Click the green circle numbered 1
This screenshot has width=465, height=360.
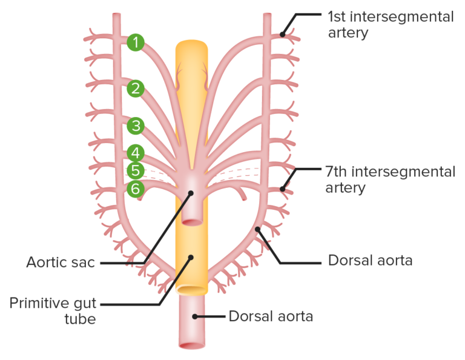(x=136, y=42)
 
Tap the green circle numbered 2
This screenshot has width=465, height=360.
(x=136, y=89)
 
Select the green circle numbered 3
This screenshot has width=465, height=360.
(x=136, y=126)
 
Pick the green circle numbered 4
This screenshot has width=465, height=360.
(x=136, y=153)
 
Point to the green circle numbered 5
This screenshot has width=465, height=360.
(x=136, y=171)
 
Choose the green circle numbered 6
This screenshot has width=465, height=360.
(x=136, y=189)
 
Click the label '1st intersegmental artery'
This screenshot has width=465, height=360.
(x=390, y=24)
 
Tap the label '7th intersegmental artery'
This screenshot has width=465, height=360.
(x=390, y=179)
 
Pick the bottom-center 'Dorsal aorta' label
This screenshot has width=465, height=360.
(x=270, y=316)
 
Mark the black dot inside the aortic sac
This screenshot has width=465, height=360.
(x=191, y=194)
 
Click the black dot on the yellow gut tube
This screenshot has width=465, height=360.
(x=191, y=257)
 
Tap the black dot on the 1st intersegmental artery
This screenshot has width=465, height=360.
(x=282, y=35)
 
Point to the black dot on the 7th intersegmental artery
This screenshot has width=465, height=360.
(x=282, y=190)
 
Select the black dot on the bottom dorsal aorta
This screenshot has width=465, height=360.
(x=194, y=316)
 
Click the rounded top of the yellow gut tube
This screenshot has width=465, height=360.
(x=191, y=45)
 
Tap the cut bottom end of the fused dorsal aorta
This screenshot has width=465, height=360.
(x=191, y=345)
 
